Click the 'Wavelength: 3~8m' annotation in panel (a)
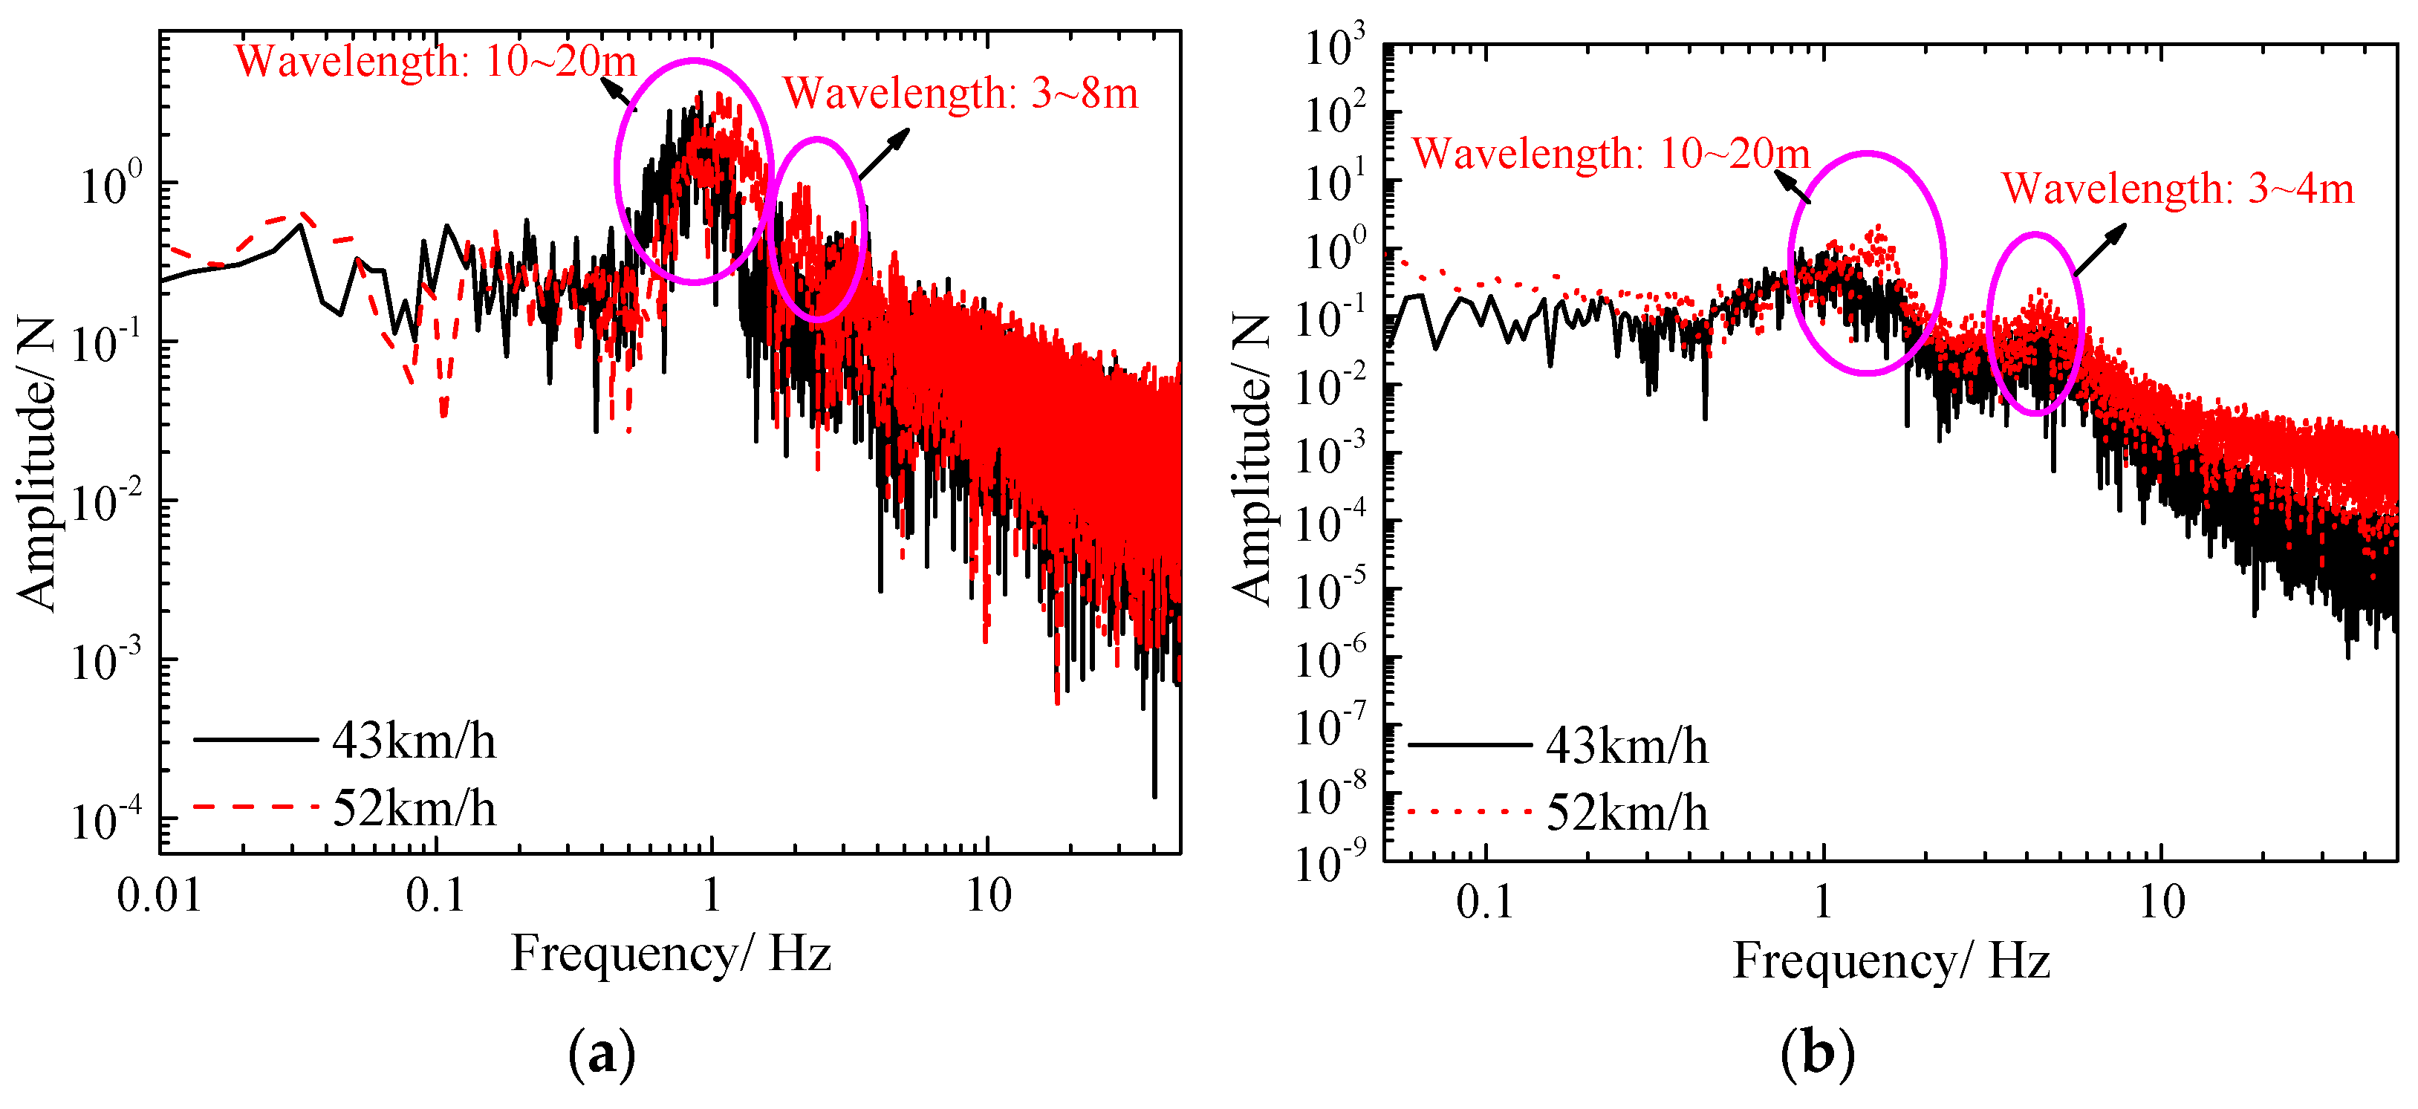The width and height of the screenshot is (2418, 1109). [961, 94]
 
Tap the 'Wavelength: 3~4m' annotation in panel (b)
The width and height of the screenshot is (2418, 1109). [2178, 189]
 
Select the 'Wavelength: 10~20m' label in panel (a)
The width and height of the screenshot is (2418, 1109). [435, 62]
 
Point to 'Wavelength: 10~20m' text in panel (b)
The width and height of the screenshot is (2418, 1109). [1611, 154]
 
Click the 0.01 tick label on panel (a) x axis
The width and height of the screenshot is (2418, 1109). [160, 896]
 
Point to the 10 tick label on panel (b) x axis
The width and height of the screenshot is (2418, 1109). [2162, 903]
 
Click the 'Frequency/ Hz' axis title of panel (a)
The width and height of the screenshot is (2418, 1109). [670, 955]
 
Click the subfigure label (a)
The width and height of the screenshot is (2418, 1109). [602, 1053]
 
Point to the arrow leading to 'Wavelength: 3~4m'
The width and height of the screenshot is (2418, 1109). [2101, 249]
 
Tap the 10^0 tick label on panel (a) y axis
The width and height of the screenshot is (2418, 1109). [111, 184]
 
